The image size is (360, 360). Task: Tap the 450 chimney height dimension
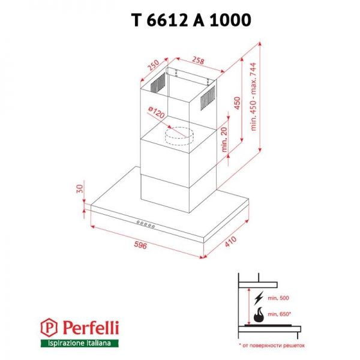(237, 104)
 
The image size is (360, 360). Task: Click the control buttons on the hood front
(146, 224)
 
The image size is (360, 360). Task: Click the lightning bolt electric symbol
(259, 297)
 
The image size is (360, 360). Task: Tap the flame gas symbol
(259, 314)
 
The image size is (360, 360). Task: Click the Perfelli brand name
(90, 328)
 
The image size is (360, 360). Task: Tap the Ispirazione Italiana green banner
(80, 343)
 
